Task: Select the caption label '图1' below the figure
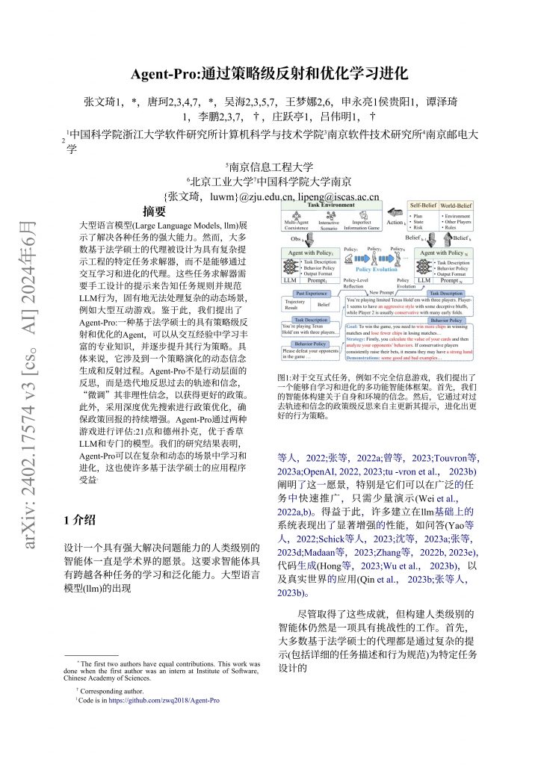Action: point(285,377)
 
